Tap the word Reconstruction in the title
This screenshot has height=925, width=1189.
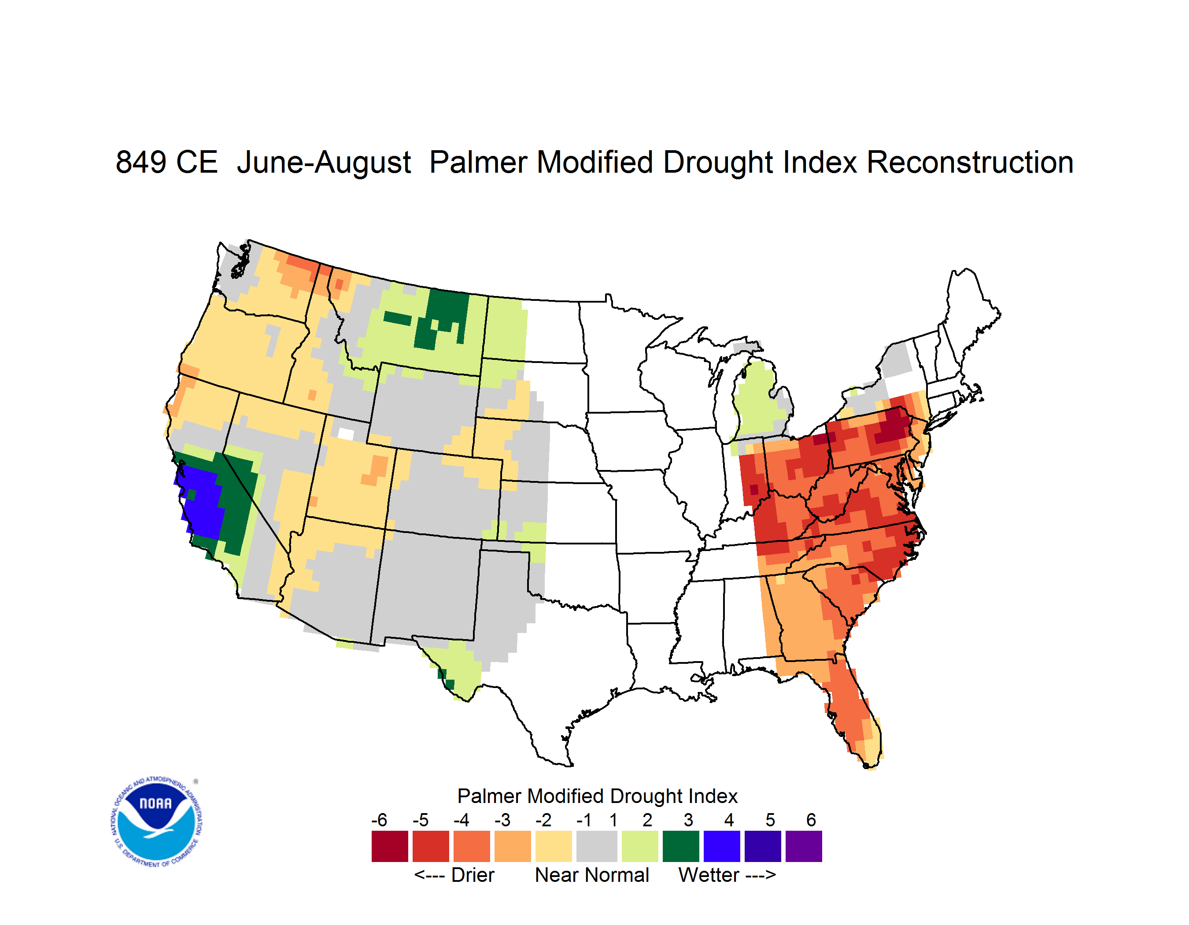[970, 162]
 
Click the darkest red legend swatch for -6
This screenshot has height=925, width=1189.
[390, 846]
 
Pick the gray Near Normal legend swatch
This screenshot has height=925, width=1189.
[597, 846]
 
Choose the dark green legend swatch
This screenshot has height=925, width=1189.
[680, 846]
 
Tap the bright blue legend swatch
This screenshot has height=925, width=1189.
[722, 846]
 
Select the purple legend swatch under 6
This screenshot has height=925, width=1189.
[804, 846]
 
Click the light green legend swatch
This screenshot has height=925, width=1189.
[640, 846]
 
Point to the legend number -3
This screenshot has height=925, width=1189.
[502, 820]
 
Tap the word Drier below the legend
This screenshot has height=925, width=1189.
[473, 875]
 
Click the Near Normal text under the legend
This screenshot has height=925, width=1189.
[592, 875]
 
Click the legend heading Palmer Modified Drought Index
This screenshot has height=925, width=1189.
[597, 796]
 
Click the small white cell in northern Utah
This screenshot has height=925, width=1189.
[346, 434]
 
